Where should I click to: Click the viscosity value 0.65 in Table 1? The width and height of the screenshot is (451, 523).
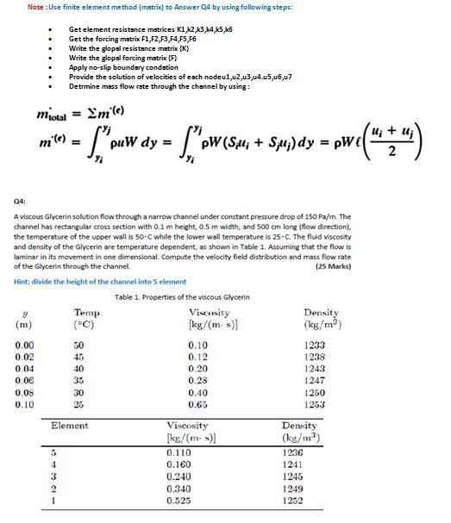(x=198, y=404)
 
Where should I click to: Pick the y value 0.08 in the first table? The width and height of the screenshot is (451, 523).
(x=25, y=392)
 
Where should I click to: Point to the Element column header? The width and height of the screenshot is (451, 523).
(x=70, y=426)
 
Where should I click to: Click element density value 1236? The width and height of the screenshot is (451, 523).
(x=293, y=452)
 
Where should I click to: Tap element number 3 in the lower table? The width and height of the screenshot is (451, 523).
(x=53, y=476)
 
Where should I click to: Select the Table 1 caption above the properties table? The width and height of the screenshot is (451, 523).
(x=182, y=297)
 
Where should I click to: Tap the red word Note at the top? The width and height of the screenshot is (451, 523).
(x=36, y=7)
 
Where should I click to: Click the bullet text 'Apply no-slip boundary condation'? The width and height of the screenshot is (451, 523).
(x=123, y=67)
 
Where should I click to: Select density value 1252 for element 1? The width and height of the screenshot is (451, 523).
(x=293, y=501)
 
